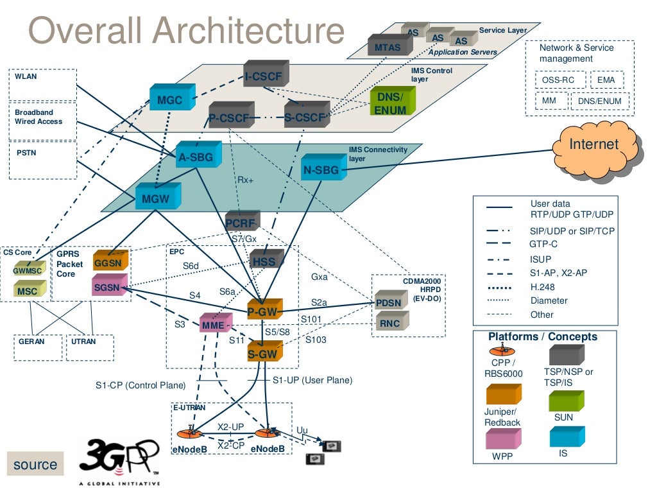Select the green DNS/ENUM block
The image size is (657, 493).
click(x=391, y=103)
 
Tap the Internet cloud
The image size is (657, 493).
click(x=594, y=144)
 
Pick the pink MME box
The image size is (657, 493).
click(x=214, y=325)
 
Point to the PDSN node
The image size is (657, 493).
click(x=389, y=302)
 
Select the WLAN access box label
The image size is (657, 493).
click(x=26, y=76)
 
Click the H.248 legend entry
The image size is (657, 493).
click(x=543, y=287)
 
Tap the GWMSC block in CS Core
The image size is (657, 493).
click(x=29, y=270)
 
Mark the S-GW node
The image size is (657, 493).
click(x=262, y=353)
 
